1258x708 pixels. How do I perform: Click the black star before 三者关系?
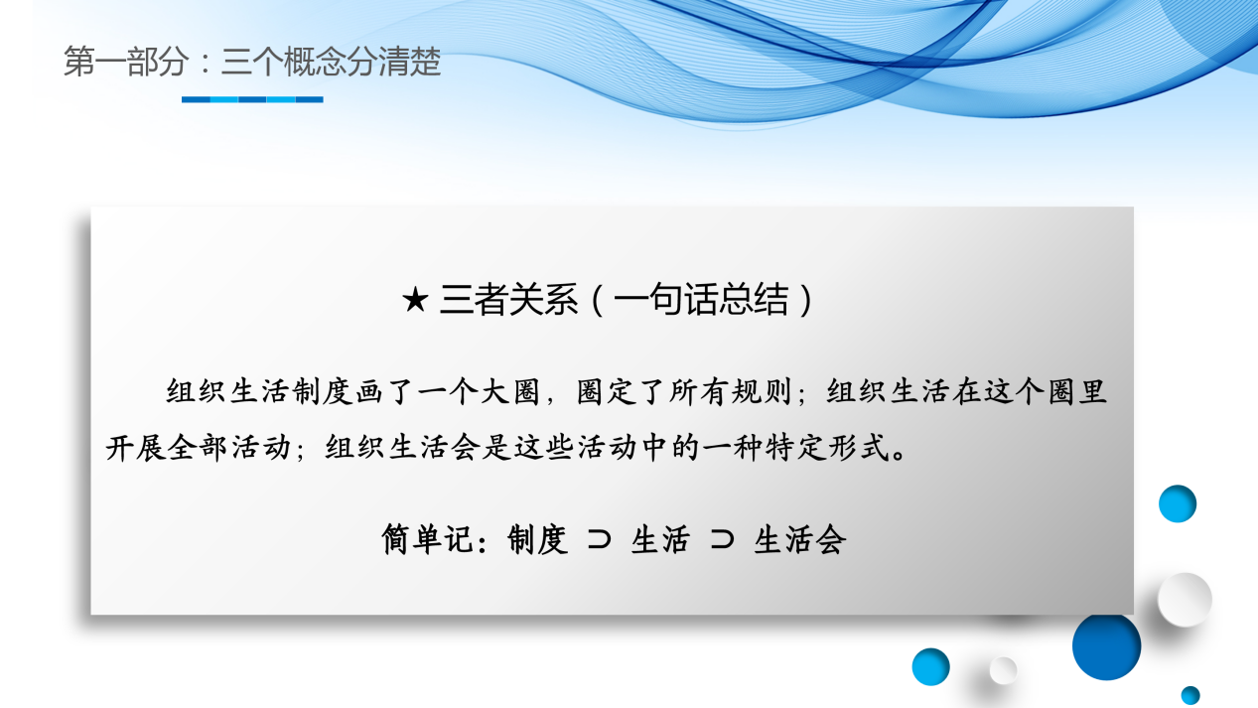coord(414,301)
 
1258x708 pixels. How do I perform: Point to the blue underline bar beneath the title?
coord(252,99)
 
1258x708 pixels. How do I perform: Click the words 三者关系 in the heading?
coord(508,300)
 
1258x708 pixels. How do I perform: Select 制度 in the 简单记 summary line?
coord(537,539)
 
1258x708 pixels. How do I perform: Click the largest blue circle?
coord(1106,645)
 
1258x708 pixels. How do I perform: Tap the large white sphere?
coord(1185,599)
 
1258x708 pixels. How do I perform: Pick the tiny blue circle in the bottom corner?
coord(1190,695)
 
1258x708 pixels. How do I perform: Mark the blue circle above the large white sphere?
coord(1178,503)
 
